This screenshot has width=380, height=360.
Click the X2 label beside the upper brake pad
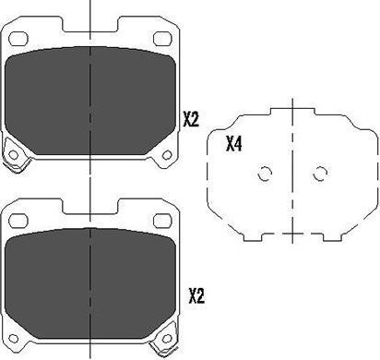(x=191, y=119)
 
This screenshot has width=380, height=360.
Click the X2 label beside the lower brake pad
(x=196, y=295)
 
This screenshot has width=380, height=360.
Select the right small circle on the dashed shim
(x=320, y=173)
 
